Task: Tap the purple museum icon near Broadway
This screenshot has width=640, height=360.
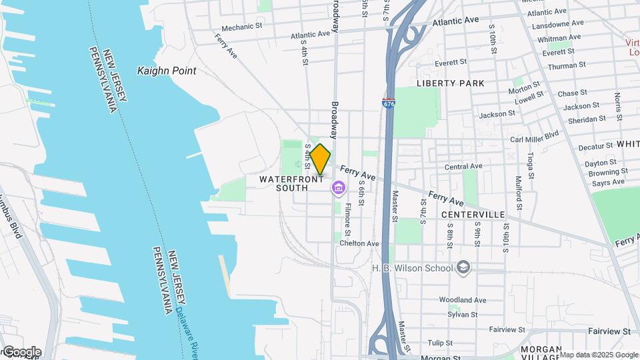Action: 338,189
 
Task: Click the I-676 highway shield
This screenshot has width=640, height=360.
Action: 388,103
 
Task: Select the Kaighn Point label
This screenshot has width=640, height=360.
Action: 167,71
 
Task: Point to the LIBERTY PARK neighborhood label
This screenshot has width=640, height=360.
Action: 450,83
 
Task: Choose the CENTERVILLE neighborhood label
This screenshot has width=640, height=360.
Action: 473,215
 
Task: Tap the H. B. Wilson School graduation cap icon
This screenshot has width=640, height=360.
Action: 463,268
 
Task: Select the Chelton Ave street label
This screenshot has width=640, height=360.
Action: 359,243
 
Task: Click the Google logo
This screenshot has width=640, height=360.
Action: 22,352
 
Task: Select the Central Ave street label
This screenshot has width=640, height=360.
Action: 463,166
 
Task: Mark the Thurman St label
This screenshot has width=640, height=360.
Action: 566,66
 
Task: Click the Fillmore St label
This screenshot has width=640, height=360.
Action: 348,217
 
